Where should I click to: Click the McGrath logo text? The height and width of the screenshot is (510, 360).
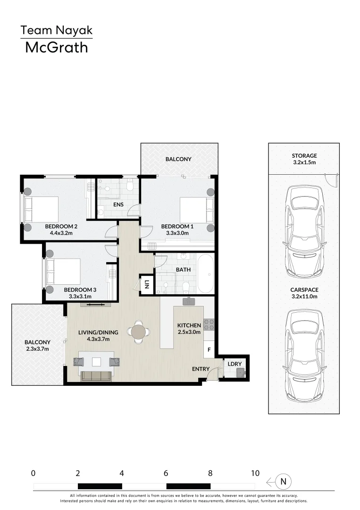pos(57,47)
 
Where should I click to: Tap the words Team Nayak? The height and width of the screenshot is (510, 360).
pos(56,31)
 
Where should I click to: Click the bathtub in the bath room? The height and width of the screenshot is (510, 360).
pos(205,274)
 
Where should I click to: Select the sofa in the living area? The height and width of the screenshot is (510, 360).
pos(97,376)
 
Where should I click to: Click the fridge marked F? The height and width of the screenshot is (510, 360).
pos(209,350)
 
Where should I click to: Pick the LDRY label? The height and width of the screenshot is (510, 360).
pos(234,364)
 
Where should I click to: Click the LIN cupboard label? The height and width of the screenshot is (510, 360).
pos(147,284)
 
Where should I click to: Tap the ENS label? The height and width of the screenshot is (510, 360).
pos(118,204)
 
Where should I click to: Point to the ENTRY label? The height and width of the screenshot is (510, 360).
pos(201,368)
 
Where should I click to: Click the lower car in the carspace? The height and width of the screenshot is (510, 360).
pos(304,348)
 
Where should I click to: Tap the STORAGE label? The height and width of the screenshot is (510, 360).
pos(304,155)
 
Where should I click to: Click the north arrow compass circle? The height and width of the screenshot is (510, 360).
pos(284,482)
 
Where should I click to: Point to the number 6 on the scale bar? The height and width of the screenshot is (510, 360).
pos(166,473)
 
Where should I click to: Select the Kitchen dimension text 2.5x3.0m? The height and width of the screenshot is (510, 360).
pos(189,332)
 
